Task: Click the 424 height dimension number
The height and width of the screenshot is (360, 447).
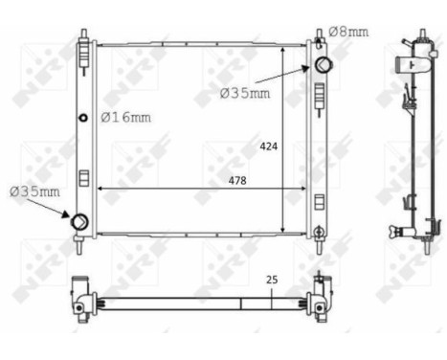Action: (x=269, y=147)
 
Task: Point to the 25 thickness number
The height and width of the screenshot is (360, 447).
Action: (x=271, y=280)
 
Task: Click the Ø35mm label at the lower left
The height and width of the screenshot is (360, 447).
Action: (x=34, y=191)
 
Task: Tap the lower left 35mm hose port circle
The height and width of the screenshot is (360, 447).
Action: (x=79, y=222)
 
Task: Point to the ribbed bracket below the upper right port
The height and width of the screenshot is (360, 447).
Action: (x=320, y=94)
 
